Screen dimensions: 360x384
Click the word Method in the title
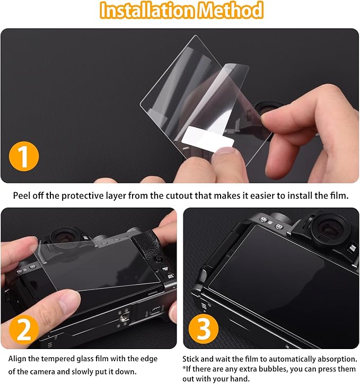[x=230, y=10]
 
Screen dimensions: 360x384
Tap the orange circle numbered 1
[x=24, y=156]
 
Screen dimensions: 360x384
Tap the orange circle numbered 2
[x=24, y=329]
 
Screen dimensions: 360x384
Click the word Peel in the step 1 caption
[x=22, y=195]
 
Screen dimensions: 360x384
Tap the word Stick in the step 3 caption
[x=191, y=359]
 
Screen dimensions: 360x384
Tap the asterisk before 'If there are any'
[x=184, y=368]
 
